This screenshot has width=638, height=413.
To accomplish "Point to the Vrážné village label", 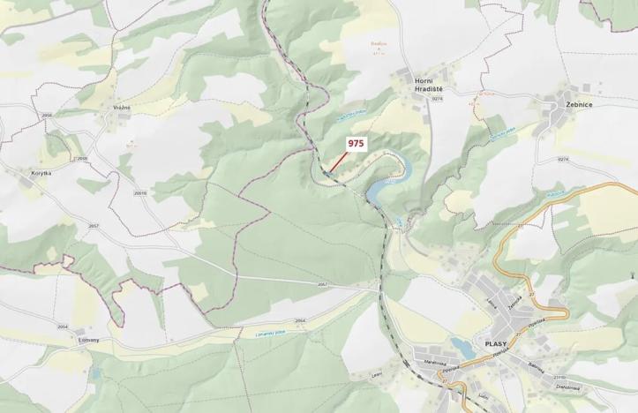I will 122,108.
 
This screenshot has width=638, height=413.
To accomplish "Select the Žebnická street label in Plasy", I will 515,300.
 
